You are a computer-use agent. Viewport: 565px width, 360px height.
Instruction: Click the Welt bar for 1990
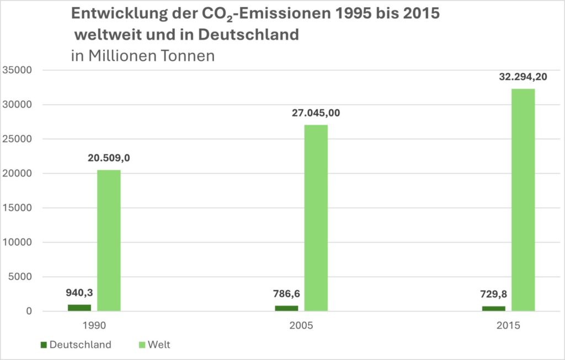pyautogui.click(x=109, y=240)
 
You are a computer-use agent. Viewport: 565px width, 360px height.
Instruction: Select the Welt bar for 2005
pyautogui.click(x=316, y=218)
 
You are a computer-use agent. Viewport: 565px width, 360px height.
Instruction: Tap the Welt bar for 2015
pyautogui.click(x=523, y=200)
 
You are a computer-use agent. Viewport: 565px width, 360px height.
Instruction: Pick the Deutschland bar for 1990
pyautogui.click(x=79, y=308)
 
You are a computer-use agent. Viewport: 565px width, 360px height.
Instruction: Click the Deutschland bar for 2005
pyautogui.click(x=286, y=308)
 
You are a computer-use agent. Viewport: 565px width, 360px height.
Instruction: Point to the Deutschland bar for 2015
pyautogui.click(x=494, y=309)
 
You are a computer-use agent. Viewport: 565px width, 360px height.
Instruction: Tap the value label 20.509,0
pyautogui.click(x=109, y=158)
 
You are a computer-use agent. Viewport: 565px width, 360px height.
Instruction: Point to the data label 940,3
pyautogui.click(x=79, y=292)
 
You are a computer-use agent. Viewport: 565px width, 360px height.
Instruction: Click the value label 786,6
pyautogui.click(x=286, y=294)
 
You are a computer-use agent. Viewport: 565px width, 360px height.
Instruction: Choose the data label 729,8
pyautogui.click(x=494, y=294)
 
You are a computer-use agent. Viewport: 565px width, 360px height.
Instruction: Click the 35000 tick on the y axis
pyautogui.click(x=18, y=70)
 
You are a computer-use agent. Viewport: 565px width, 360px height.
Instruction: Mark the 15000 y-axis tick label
pyautogui.click(x=18, y=208)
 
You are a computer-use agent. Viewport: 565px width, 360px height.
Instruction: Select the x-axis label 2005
pyautogui.click(x=301, y=326)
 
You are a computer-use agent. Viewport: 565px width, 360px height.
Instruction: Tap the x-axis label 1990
pyautogui.click(x=94, y=326)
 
